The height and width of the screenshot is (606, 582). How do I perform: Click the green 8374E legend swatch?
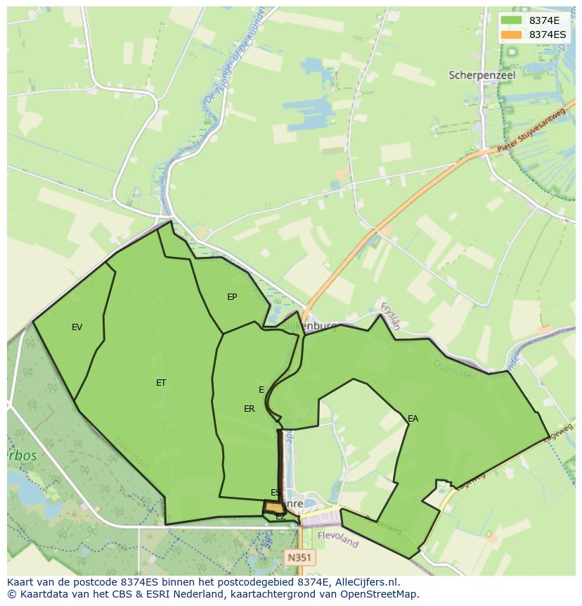(x=512, y=20)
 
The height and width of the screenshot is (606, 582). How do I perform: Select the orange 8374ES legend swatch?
(x=512, y=34)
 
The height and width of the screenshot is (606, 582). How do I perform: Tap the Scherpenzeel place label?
(x=481, y=75)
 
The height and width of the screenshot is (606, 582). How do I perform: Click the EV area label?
(x=77, y=327)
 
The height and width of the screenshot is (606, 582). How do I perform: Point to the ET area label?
(x=161, y=383)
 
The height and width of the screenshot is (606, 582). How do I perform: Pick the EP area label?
(x=232, y=297)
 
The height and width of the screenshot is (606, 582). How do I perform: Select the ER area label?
(x=249, y=409)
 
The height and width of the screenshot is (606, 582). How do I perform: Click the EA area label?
(x=413, y=419)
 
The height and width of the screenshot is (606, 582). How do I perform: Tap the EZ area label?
(x=280, y=517)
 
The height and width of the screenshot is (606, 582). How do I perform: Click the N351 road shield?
(x=300, y=557)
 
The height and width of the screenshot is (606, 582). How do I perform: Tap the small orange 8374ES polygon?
(x=273, y=507)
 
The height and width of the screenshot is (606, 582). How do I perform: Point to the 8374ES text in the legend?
(x=548, y=34)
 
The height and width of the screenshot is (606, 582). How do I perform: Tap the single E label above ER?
(x=261, y=390)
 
